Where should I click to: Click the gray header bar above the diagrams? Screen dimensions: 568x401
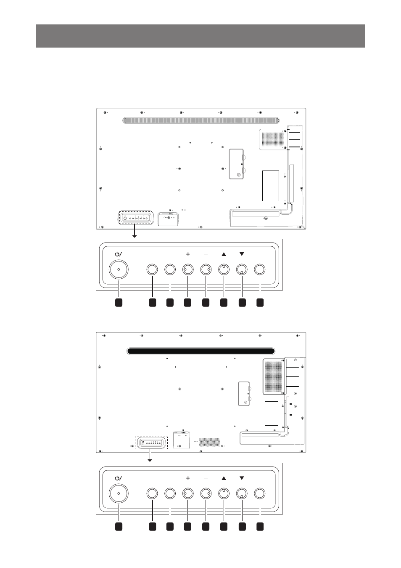point(200,36)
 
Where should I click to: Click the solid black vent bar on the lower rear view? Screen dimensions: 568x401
point(201,351)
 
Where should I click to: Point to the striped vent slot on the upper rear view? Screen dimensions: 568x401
point(201,121)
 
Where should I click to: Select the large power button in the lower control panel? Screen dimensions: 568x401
point(119,493)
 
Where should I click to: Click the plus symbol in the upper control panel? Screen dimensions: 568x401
point(188,254)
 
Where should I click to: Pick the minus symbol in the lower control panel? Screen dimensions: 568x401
point(206,478)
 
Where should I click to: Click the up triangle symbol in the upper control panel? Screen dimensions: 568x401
point(224,254)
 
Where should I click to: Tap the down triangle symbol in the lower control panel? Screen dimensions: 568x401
point(242,478)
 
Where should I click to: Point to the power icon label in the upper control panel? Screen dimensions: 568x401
point(119,254)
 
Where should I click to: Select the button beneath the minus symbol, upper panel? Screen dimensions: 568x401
point(206,269)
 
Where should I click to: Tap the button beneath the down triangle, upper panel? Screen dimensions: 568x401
point(242,269)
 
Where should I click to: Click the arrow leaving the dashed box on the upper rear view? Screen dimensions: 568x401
point(135,231)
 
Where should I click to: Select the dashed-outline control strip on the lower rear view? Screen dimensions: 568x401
point(151,443)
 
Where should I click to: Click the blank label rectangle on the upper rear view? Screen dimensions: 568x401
point(270,186)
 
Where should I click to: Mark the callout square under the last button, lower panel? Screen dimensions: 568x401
point(260,526)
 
